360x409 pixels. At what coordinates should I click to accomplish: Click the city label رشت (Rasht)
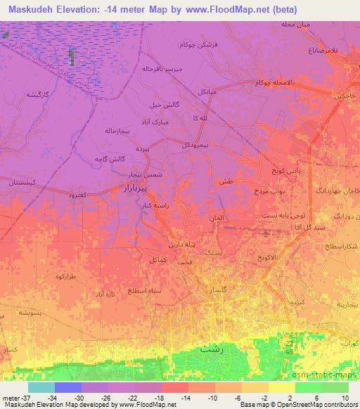point(212,348)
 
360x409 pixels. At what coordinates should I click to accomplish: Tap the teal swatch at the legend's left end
point(41,387)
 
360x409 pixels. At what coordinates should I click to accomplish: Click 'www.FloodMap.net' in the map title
point(236,9)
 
